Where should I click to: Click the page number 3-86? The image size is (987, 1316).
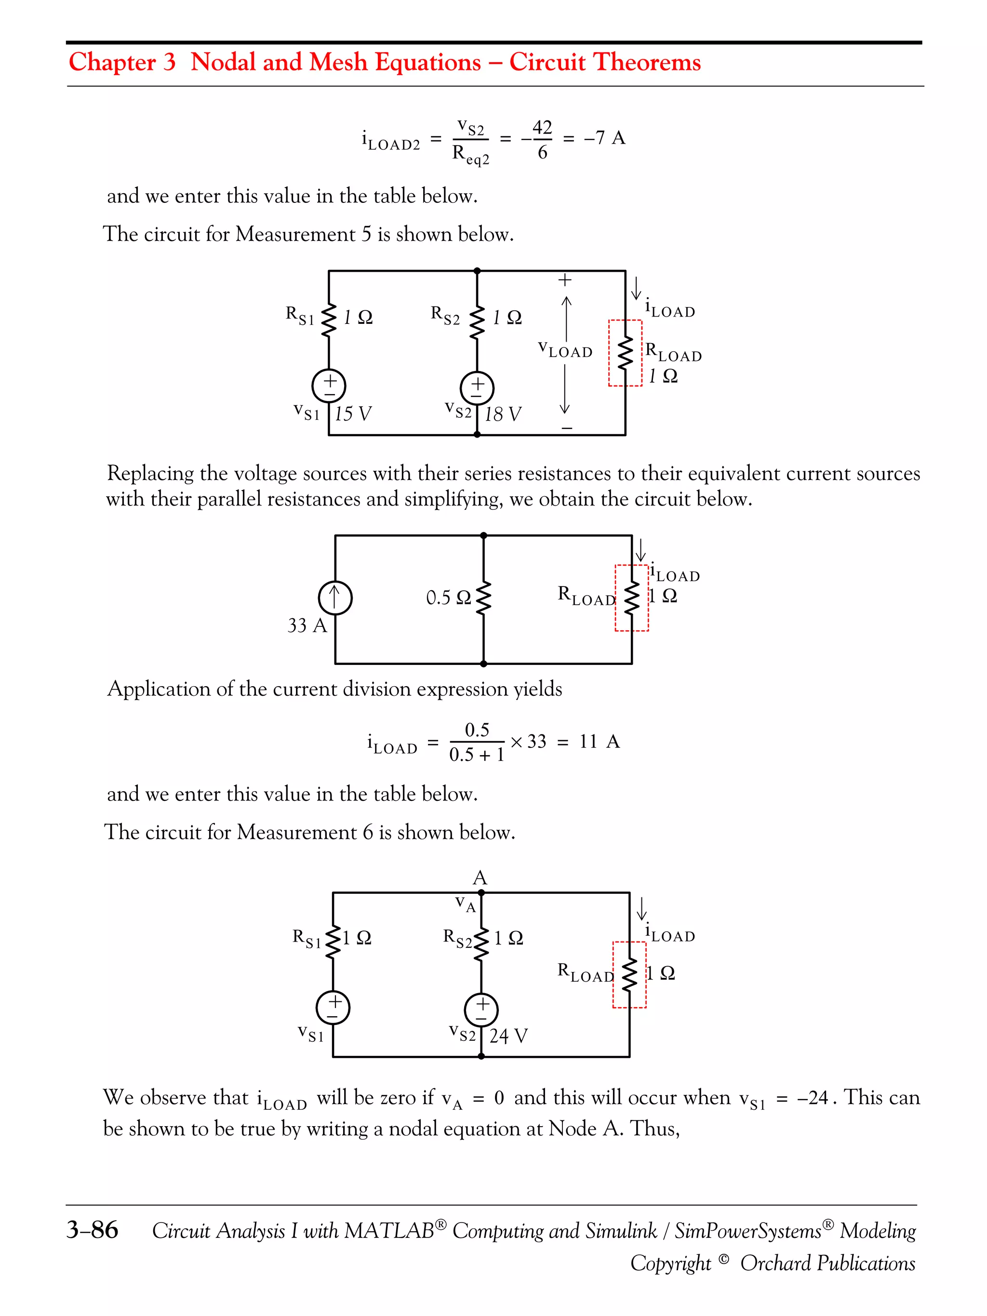92,1230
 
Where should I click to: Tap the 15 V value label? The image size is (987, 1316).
353,413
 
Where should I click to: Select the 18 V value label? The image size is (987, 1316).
503,414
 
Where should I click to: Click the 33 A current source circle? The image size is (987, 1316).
335,598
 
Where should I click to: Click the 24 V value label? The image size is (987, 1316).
508,1036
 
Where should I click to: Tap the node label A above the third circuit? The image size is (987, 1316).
480,877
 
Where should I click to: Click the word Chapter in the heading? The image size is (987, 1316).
112,62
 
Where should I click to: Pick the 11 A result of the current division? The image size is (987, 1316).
599,741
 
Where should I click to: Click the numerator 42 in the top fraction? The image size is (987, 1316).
542,127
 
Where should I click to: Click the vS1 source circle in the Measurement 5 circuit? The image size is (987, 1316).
329,385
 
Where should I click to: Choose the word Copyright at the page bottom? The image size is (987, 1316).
670,1263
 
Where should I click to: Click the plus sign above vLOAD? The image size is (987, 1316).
565,279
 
